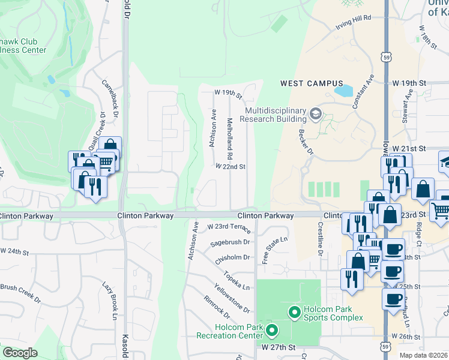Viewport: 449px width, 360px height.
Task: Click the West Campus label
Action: point(312,83)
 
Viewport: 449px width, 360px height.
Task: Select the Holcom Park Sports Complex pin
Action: point(294,312)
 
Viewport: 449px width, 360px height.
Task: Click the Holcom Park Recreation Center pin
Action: point(272,330)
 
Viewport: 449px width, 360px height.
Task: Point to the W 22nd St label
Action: point(231,167)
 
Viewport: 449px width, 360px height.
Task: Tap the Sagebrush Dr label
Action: point(229,243)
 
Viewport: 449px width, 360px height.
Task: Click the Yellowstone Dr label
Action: point(231,298)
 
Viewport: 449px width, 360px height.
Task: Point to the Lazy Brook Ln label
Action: point(112,299)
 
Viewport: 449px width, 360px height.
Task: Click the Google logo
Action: point(20,353)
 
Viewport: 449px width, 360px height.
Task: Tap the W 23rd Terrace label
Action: point(228,227)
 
